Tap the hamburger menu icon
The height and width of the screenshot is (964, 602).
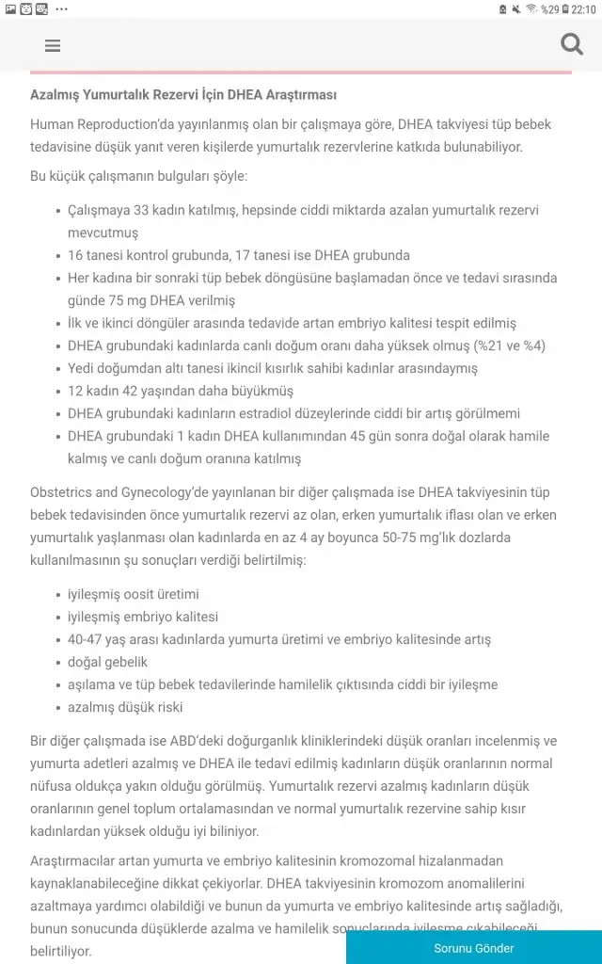click(53, 45)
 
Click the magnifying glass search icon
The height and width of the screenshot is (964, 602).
click(571, 44)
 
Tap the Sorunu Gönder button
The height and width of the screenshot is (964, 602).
click(473, 948)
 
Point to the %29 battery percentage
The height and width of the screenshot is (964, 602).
click(549, 8)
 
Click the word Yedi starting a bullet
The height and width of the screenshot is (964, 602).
click(83, 368)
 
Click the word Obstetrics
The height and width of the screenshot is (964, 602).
click(62, 492)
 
